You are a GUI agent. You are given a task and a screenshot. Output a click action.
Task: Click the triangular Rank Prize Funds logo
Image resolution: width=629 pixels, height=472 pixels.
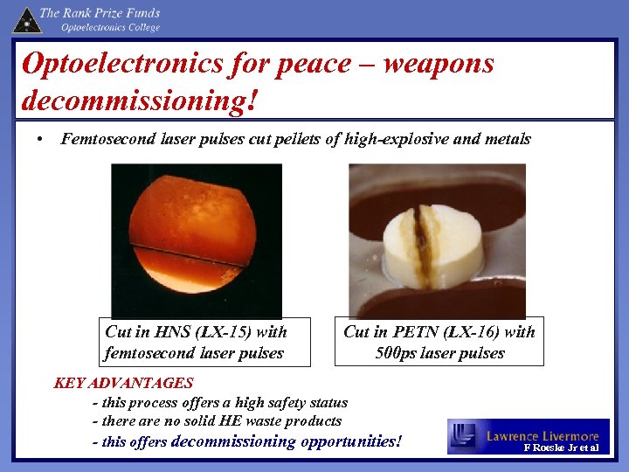pyautogui.click(x=26, y=18)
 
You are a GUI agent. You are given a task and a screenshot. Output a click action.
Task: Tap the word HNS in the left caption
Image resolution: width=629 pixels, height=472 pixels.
pyautogui.click(x=172, y=332)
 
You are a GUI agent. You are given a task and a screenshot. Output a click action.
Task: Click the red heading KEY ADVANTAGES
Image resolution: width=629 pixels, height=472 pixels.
pyautogui.click(x=123, y=383)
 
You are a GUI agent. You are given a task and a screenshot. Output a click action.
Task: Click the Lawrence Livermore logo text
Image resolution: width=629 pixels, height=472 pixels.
pyautogui.click(x=542, y=435)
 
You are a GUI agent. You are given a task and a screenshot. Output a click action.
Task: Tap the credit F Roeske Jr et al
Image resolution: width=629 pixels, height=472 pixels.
pyautogui.click(x=561, y=448)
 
